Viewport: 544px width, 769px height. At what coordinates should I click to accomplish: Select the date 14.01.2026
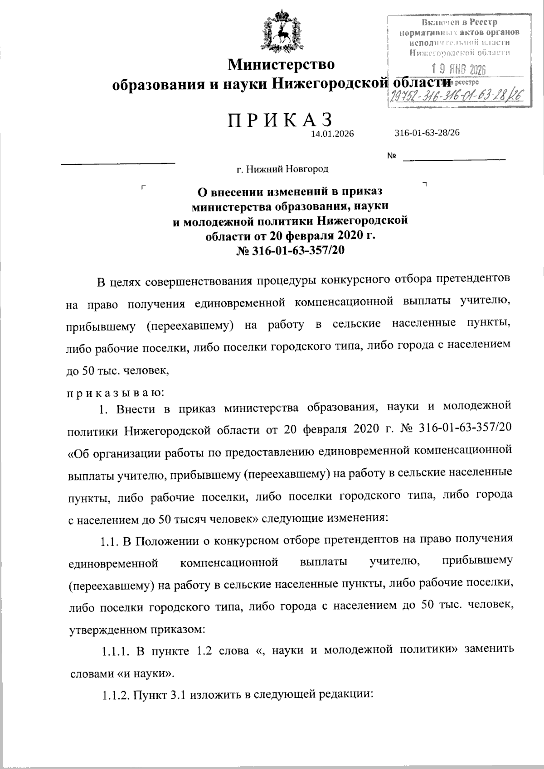tap(332, 134)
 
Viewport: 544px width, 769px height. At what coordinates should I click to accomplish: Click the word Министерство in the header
tap(281, 64)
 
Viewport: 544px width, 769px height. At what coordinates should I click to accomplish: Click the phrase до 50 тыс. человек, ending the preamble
tap(118, 370)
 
